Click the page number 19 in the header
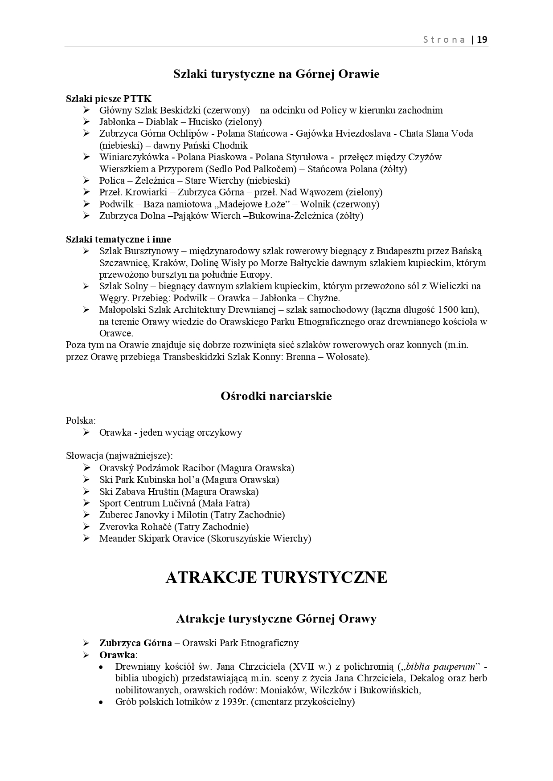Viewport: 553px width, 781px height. click(x=482, y=40)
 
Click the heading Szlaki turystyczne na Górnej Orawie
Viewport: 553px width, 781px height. click(x=276, y=74)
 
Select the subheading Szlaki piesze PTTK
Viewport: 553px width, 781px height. click(x=109, y=98)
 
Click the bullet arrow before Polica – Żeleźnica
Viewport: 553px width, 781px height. click(x=86, y=180)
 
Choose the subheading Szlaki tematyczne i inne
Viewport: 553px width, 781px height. click(x=119, y=239)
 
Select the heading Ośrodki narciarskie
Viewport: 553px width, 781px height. click(x=276, y=396)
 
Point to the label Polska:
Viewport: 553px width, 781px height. click(x=81, y=421)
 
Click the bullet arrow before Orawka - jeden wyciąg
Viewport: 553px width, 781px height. click(x=86, y=432)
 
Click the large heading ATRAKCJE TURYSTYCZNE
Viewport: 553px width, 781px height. click(x=276, y=578)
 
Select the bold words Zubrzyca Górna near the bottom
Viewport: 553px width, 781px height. click(x=135, y=643)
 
